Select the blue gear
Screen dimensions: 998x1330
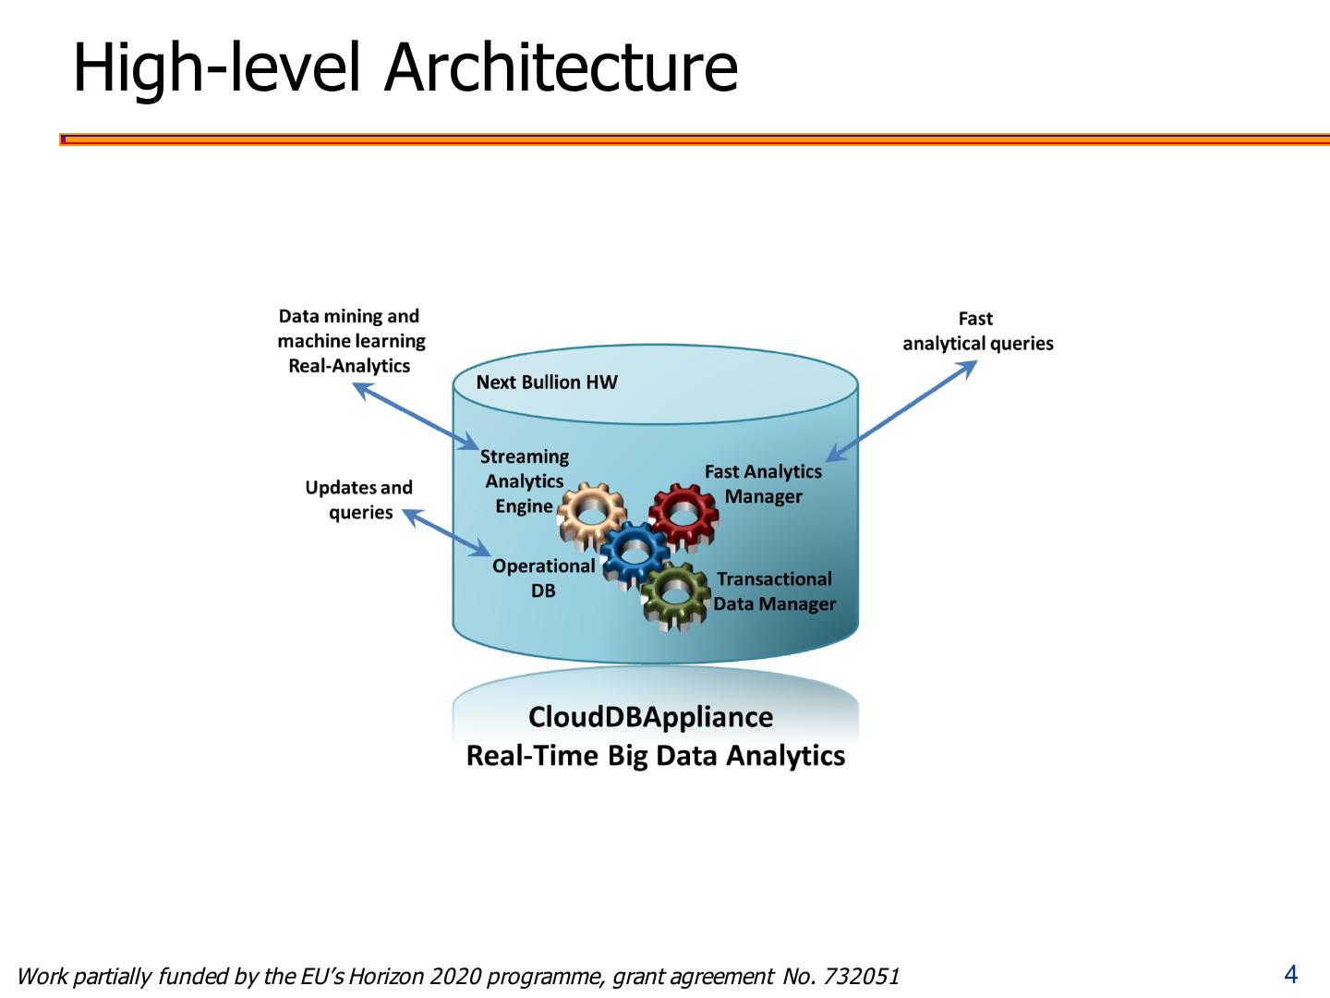coord(635,553)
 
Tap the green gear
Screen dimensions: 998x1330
coord(676,596)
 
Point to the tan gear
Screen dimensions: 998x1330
coord(591,515)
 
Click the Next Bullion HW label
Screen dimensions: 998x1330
coord(547,383)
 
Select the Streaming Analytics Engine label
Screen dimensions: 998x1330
coord(524,481)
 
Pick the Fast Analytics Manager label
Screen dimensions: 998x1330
coord(763,484)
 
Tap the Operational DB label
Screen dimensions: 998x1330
coord(543,578)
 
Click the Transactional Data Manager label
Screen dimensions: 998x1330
coord(774,591)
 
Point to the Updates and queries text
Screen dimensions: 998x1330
coord(359,500)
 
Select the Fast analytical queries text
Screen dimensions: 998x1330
coord(977,332)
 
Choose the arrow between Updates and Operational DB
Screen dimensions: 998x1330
coord(447,532)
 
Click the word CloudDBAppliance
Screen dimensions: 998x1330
coord(650,717)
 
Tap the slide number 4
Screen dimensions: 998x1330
coord(1290,974)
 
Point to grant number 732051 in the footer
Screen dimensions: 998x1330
coord(861,977)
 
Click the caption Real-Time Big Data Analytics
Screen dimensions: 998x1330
coord(655,756)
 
